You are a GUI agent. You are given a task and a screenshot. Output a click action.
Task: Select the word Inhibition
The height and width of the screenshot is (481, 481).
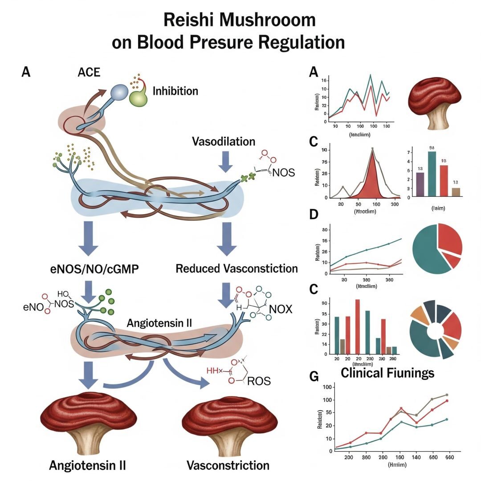point(175,91)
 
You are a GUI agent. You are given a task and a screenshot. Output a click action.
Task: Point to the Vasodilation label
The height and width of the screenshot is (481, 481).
point(224,142)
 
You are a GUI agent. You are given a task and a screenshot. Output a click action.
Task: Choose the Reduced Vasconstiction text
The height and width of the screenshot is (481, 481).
point(236,269)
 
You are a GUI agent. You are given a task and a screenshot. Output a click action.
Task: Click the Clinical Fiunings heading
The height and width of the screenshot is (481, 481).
point(387,372)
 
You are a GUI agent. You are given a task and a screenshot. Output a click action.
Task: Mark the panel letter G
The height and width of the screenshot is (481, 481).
point(314,377)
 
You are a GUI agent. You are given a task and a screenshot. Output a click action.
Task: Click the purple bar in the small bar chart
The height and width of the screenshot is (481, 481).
point(420,184)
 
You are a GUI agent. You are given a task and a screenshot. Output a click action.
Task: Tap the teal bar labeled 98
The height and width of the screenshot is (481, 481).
point(432,174)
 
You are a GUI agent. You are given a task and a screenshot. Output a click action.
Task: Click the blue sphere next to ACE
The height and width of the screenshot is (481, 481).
point(119,93)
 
